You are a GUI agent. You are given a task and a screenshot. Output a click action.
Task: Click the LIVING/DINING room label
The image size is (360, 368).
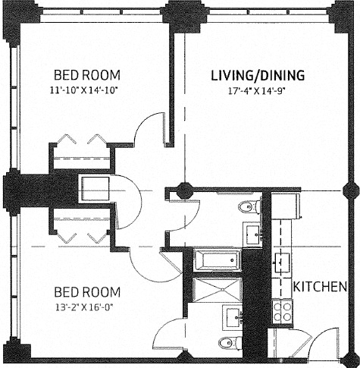(257, 75)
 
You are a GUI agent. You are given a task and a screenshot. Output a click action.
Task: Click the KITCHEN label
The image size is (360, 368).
(320, 287)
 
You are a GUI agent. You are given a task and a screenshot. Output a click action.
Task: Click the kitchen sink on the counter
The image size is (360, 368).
(283, 263)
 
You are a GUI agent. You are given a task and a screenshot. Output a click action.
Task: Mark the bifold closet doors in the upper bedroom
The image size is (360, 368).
(79, 142)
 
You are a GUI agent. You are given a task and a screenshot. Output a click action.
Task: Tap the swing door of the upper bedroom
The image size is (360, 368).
(149, 129)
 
